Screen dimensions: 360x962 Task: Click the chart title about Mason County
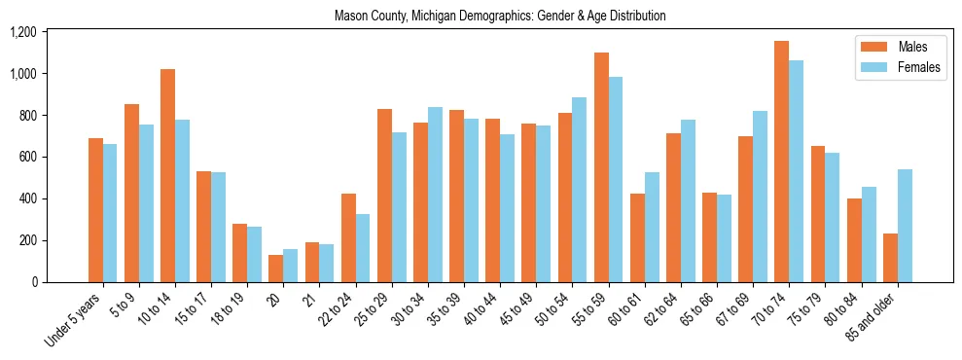pos(500,17)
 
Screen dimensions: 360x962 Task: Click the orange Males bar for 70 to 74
pos(781,162)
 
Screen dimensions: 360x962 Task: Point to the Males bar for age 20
pos(276,269)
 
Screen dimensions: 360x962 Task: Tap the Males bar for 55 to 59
pos(601,167)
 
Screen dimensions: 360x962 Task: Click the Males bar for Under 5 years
pos(95,210)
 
